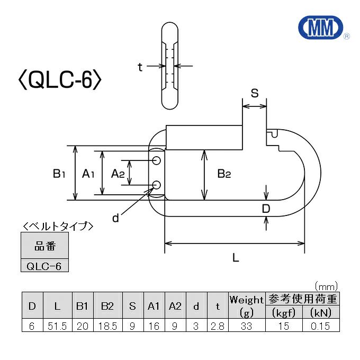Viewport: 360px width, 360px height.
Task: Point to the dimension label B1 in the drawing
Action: tap(59, 173)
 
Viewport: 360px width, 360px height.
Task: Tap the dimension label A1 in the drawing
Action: tap(88, 173)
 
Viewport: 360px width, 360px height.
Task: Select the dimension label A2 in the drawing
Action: tap(118, 173)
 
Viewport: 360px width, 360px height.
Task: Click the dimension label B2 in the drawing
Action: tap(224, 173)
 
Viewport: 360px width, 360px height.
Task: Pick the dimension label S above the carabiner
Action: tap(254, 94)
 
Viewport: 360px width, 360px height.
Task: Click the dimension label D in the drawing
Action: tap(266, 209)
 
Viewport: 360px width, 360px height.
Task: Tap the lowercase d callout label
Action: tap(115, 218)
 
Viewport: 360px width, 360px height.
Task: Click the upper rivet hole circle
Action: tap(157, 160)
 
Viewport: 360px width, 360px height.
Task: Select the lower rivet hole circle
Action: tap(157, 184)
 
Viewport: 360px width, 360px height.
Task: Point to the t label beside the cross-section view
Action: tap(140, 67)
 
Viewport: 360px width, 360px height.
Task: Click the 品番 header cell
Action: tap(44, 246)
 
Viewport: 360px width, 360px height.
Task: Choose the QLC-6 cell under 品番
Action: tap(44, 266)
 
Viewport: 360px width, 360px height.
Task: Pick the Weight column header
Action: tap(246, 300)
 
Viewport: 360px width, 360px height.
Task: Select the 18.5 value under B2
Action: tap(107, 326)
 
